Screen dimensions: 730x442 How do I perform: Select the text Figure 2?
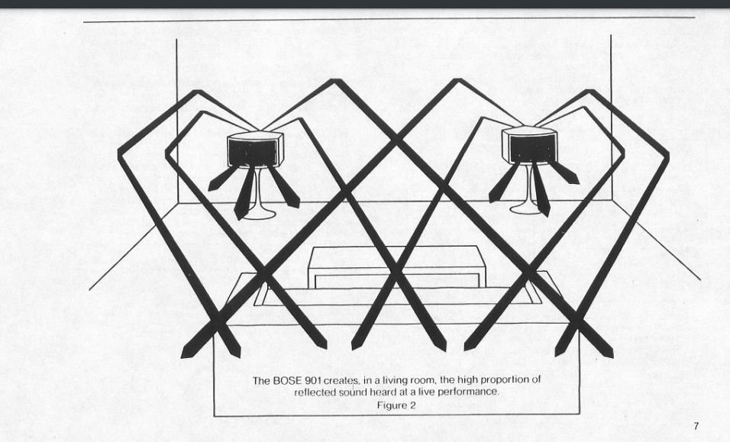point(396,405)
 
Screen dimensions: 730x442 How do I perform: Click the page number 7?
point(696,426)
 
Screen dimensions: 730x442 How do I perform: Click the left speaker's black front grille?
point(252,152)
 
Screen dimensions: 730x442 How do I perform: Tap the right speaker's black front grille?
point(532,148)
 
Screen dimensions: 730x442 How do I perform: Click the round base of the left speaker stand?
point(259,215)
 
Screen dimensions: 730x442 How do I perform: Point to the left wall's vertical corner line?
point(176,121)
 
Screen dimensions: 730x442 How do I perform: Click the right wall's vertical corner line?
point(611,118)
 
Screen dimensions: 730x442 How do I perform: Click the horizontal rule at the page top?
point(389,20)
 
